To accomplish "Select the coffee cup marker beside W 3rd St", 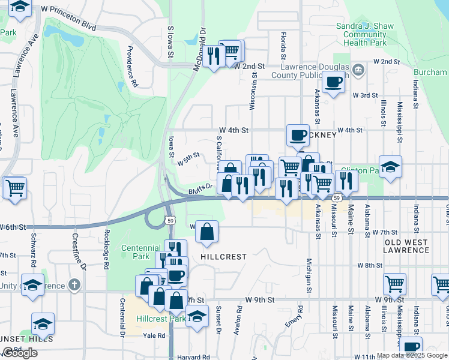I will pyautogui.click(x=333, y=82).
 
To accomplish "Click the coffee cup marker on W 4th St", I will pyautogui.click(x=297, y=135).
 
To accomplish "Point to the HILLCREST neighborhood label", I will pyautogui.click(x=223, y=256).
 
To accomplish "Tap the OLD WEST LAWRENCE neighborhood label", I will pyautogui.click(x=406, y=246).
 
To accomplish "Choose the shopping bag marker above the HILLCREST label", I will pyautogui.click(x=206, y=232).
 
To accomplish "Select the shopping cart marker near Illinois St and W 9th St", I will pyautogui.click(x=395, y=283).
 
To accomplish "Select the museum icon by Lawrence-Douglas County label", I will pyautogui.click(x=358, y=70).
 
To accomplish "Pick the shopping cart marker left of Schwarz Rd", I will pyautogui.click(x=15, y=187).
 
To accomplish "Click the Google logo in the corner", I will pyautogui.click(x=20, y=353).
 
